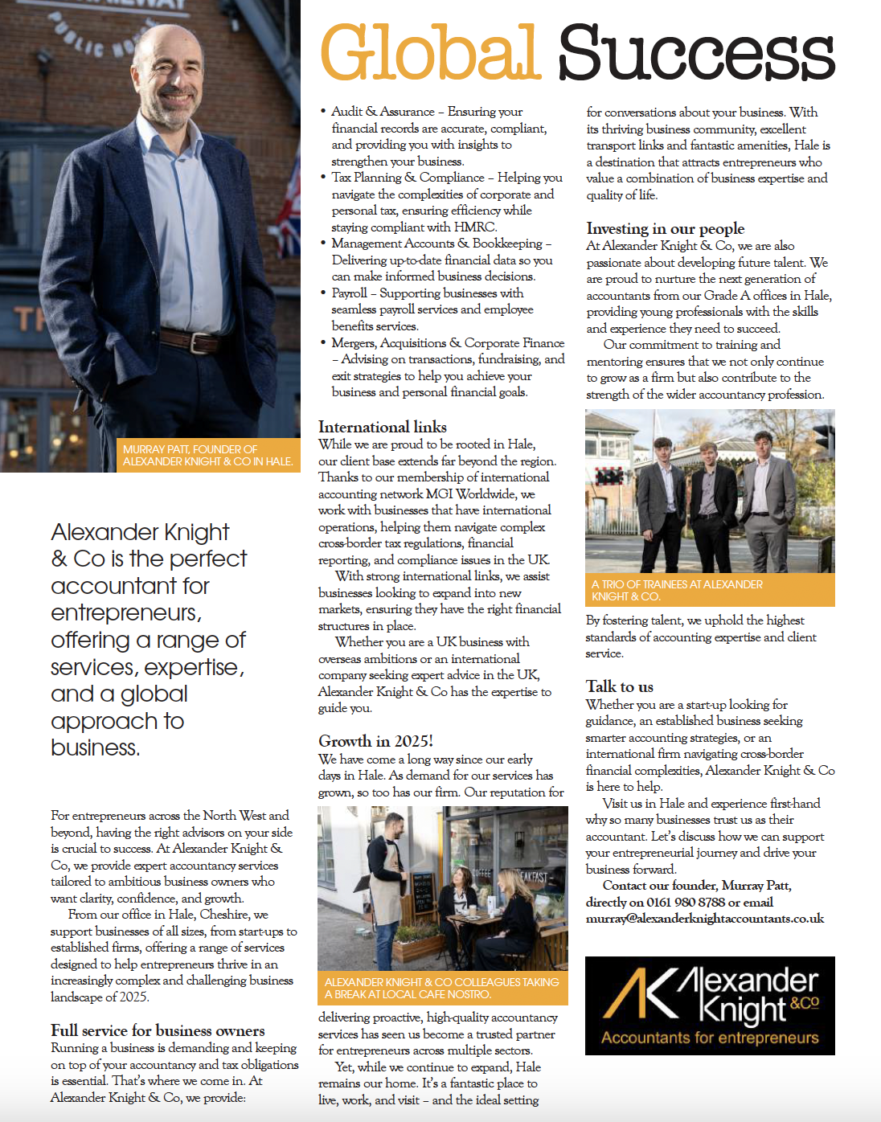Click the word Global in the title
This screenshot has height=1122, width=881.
pyautogui.click(x=430, y=52)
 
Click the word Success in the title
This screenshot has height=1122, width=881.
pyautogui.click(x=696, y=54)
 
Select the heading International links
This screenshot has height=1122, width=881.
pyautogui.click(x=383, y=427)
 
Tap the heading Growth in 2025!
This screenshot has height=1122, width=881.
pyautogui.click(x=375, y=741)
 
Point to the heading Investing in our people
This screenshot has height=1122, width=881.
pyautogui.click(x=666, y=228)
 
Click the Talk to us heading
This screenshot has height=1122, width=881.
pyautogui.click(x=620, y=686)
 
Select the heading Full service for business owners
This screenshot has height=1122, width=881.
pyautogui.click(x=158, y=1030)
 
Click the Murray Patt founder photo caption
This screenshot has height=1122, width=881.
pyautogui.click(x=207, y=456)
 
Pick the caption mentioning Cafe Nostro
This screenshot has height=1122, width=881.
pyautogui.click(x=442, y=988)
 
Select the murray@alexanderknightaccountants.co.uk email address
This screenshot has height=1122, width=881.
pyautogui.click(x=705, y=919)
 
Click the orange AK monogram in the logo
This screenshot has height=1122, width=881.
pyautogui.click(x=639, y=994)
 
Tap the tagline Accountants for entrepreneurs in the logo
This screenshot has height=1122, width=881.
pyautogui.click(x=710, y=1038)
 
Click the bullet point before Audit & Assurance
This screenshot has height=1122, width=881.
pyautogui.click(x=323, y=112)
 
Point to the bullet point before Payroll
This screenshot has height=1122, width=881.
pyautogui.click(x=323, y=293)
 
